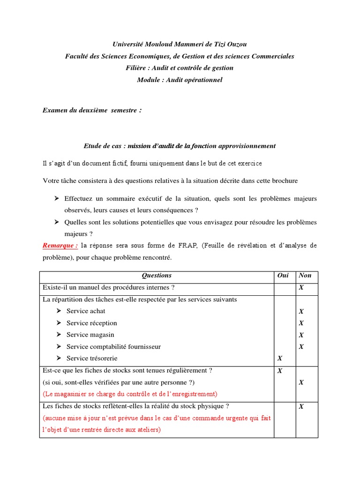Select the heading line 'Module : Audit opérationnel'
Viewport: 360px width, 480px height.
pyautogui.click(x=180, y=80)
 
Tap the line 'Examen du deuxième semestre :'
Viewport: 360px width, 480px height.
pyautogui.click(x=92, y=110)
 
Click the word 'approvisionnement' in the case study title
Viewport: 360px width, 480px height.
pyautogui.click(x=247, y=146)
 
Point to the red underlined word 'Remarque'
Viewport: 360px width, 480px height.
pyautogui.click(x=60, y=245)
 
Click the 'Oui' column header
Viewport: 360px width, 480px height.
pyautogui.click(x=283, y=276)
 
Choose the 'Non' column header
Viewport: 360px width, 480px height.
pyautogui.click(x=305, y=276)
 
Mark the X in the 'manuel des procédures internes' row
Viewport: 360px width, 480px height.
pyautogui.click(x=301, y=287)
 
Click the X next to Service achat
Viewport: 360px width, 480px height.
pyautogui.click(x=301, y=311)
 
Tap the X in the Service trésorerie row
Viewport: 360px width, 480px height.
pyautogui.click(x=280, y=359)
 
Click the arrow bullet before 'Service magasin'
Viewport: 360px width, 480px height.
pyautogui.click(x=58, y=335)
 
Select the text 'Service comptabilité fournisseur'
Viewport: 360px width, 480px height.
pyautogui.click(x=113, y=347)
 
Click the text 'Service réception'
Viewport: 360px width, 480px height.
pyautogui.click(x=92, y=323)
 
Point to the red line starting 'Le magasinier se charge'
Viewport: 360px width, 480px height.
pyautogui.click(x=130, y=394)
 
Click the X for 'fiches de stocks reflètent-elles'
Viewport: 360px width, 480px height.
pyautogui.click(x=301, y=406)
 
